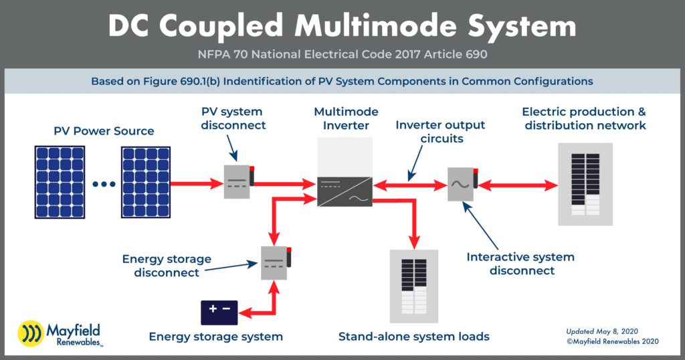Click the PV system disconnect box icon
click(237, 181)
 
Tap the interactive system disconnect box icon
click(461, 183)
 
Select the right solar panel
click(145, 182)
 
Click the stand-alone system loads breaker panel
click(413, 286)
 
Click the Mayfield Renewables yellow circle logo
click(29, 333)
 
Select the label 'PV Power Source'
click(104, 130)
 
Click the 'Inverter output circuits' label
click(440, 132)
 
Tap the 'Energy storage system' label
click(215, 337)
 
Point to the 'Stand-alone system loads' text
click(413, 337)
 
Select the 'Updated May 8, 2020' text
click(603, 331)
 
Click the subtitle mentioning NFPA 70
click(342, 54)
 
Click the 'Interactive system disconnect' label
click(520, 264)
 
